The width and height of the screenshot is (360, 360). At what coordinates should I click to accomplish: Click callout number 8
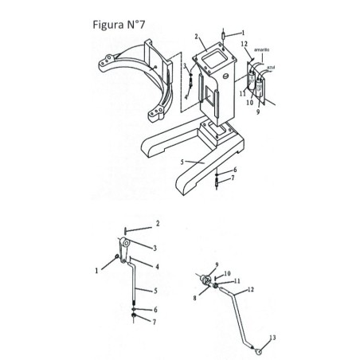(x=195, y=299)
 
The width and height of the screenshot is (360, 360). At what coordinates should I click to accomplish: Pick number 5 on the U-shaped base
(x=182, y=162)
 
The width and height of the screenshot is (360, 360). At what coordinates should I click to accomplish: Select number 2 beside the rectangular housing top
(x=195, y=36)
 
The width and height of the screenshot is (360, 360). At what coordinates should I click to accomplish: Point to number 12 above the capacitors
(x=245, y=44)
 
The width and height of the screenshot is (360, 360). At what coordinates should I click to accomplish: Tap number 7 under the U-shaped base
(x=233, y=180)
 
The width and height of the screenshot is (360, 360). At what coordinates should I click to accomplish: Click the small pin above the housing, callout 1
(x=225, y=36)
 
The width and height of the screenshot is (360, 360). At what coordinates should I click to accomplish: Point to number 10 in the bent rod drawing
(x=227, y=272)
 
